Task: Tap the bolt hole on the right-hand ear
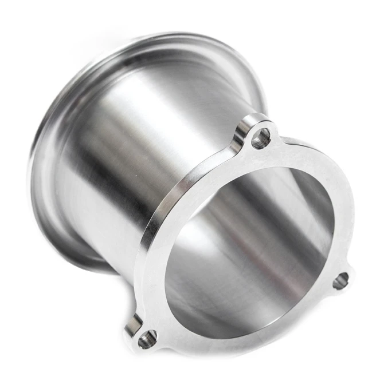coord(340,280)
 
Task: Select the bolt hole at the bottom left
coord(147,338)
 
